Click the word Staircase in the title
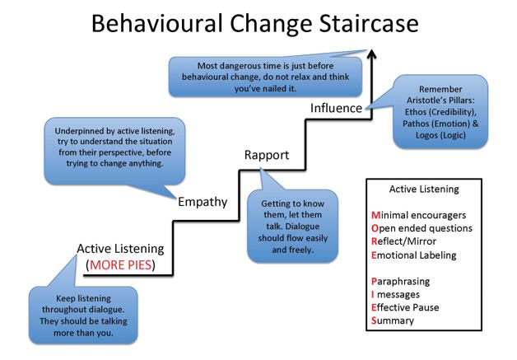point(369,24)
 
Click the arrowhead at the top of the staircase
point(372,54)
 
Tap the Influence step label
point(337,108)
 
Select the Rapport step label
point(267,156)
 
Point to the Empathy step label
point(203,202)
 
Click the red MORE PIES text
point(121,265)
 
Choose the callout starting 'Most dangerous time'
point(265,77)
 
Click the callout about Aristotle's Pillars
point(440,112)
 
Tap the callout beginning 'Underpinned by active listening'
point(114,151)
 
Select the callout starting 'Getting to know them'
point(293,227)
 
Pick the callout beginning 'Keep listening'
point(83,316)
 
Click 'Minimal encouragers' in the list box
point(418,216)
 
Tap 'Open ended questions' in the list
point(422,229)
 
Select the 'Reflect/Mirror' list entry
point(403,241)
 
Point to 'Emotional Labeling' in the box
point(414,255)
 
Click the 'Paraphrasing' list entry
point(401,282)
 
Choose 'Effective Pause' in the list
point(405,307)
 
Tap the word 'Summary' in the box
point(393,320)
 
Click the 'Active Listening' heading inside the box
point(424,189)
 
